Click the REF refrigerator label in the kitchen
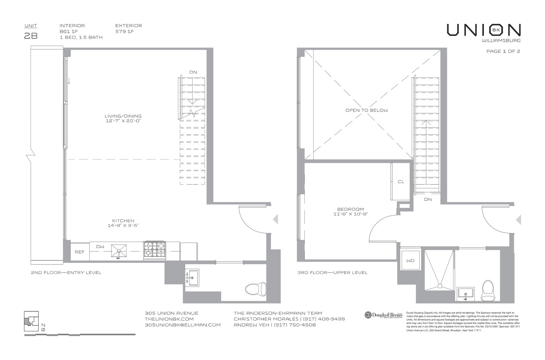pos(79,252)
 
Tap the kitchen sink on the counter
pos(119,251)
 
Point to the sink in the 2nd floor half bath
pos(192,278)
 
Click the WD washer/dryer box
pos(411,260)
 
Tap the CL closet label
pos(401,182)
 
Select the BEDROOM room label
pos(351,209)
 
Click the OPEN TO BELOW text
pos(366,110)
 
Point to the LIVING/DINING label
pos(123,116)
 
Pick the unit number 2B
pos(31,36)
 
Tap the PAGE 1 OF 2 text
pos(503,51)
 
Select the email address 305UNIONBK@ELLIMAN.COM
pos(182,325)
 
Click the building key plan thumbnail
pos(31,321)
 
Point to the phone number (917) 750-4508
pos(295,325)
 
